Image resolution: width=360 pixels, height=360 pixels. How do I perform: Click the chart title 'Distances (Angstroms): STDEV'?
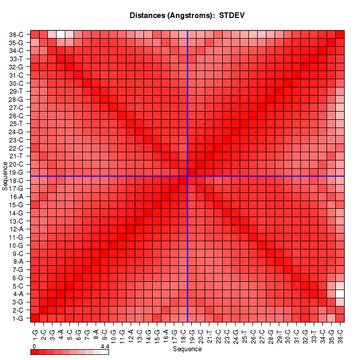tap(187, 15)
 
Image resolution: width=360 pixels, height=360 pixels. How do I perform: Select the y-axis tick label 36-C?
tap(16, 34)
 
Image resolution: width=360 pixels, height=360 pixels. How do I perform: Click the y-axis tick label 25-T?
tap(16, 123)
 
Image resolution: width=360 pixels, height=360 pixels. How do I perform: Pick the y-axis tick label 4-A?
tap(17, 294)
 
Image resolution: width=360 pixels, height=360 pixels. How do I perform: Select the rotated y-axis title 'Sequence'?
tap(5, 176)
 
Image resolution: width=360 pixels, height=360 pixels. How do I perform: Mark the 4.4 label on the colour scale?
tap(105, 347)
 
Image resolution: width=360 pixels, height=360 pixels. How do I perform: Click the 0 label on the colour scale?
tap(33, 347)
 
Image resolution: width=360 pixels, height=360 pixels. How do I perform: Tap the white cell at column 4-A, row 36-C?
tap(61, 34)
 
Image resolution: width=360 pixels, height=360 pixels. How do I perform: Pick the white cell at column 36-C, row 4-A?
tap(340, 294)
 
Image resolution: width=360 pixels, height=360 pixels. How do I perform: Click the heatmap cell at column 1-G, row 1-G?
tap(35, 318)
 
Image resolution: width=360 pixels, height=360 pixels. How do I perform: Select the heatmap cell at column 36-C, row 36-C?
tap(340, 34)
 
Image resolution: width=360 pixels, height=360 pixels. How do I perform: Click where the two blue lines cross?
tap(188, 176)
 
